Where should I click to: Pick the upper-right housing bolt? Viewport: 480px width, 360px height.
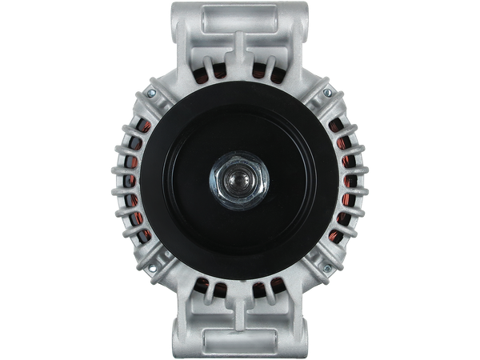tap(328, 94)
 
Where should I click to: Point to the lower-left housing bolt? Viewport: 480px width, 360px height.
tap(149, 264)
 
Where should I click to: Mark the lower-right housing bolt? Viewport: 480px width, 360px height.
tap(329, 264)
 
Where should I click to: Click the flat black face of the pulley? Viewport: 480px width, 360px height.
tap(192, 180)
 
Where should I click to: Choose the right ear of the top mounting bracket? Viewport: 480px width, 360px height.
tap(297, 32)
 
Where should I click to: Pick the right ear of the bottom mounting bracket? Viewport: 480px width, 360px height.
tap(297, 328)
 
